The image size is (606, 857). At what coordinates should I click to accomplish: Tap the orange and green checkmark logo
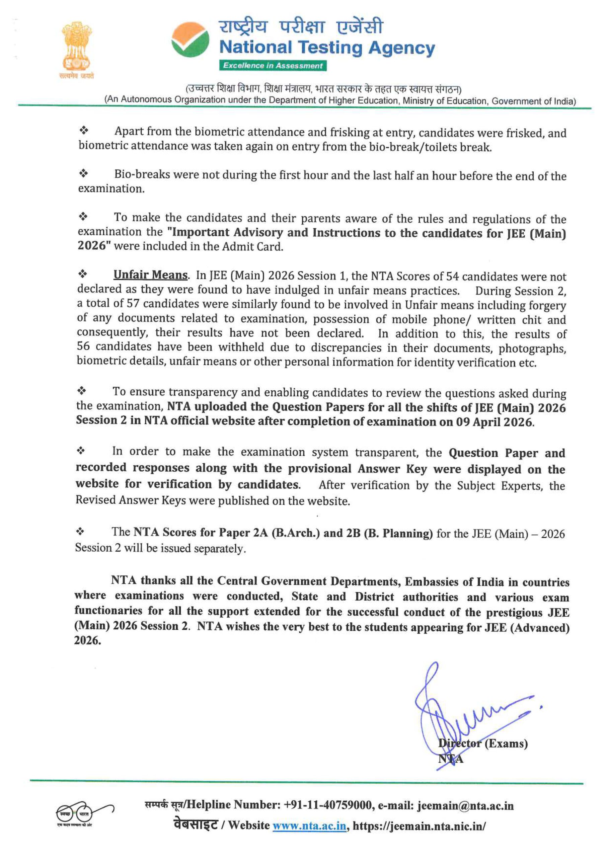190,40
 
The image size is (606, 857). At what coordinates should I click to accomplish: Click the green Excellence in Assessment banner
273,66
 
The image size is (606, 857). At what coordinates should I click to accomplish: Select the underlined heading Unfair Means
150,275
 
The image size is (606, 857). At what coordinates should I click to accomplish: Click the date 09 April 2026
495,422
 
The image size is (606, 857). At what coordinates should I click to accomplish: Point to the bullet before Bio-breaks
83,173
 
